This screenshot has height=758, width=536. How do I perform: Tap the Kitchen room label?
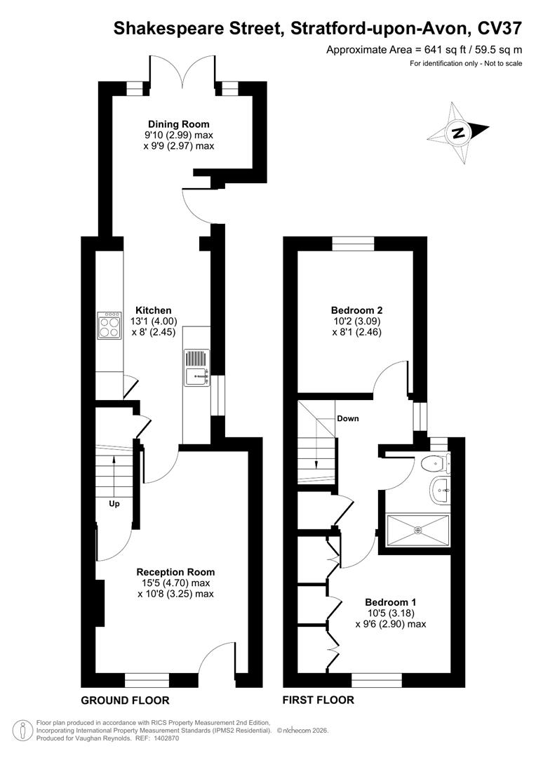pyautogui.click(x=154, y=310)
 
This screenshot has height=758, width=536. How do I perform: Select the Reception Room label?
pyautogui.click(x=175, y=572)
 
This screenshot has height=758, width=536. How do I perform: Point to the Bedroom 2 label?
pyautogui.click(x=356, y=310)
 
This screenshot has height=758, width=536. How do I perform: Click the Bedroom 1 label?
pyautogui.click(x=391, y=602)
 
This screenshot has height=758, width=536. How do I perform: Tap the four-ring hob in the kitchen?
pyautogui.click(x=109, y=324)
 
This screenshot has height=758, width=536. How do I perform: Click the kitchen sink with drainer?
pyautogui.click(x=196, y=368)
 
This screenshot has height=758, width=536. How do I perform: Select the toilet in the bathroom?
pyautogui.click(x=435, y=464)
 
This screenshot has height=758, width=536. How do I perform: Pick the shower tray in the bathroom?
pyautogui.click(x=417, y=529)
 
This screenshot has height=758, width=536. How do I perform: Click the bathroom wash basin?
pyautogui.click(x=439, y=489)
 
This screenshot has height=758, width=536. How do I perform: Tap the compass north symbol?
pyautogui.click(x=459, y=133)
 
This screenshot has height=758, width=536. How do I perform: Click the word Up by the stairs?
pyautogui.click(x=114, y=503)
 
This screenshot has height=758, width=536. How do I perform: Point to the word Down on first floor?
pyautogui.click(x=348, y=419)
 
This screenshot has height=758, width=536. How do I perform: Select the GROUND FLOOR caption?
pyautogui.click(x=125, y=700)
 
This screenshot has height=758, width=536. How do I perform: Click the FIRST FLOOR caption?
pyautogui.click(x=318, y=700)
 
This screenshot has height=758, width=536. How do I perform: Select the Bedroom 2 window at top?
pyautogui.click(x=353, y=244)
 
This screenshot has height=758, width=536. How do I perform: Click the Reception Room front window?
pyautogui.click(x=147, y=679)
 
